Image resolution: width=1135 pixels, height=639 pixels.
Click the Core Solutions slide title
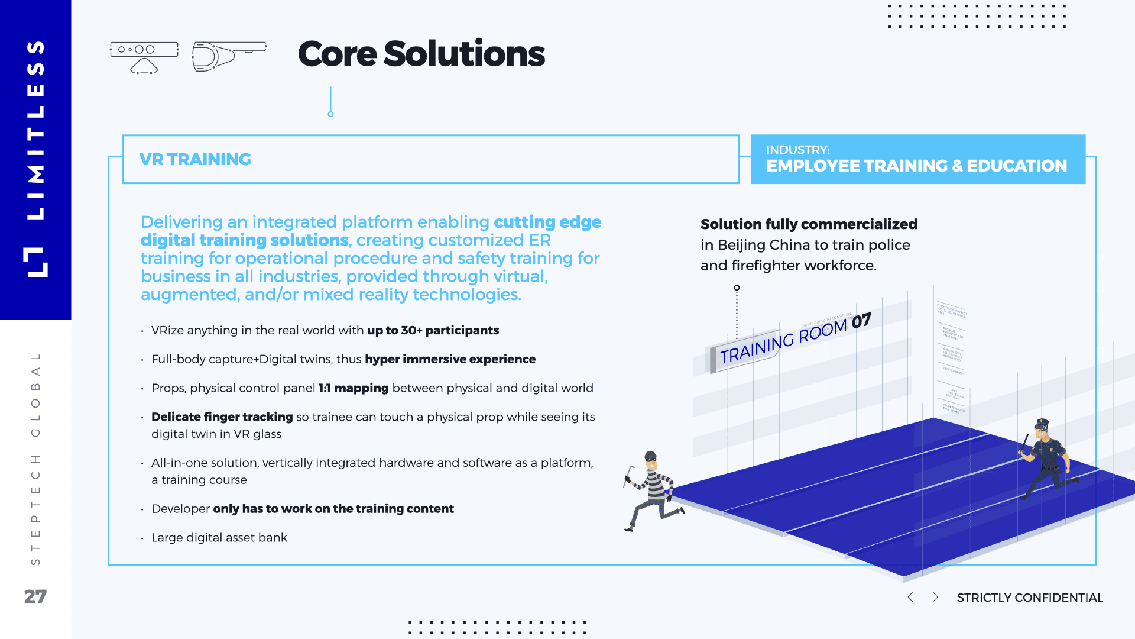pos(421,54)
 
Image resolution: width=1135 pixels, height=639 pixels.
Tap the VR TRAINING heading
pos(195,159)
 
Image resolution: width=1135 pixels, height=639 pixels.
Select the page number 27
pos(35,596)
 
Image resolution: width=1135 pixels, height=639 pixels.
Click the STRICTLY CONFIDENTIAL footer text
pos(1030,598)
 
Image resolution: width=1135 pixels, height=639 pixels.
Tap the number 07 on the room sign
pos(861,321)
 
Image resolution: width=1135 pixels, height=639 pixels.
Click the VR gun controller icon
pos(228,56)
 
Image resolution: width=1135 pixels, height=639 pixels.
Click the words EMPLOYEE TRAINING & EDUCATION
pos(916,166)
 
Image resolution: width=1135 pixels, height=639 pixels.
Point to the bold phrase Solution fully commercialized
pos(809,224)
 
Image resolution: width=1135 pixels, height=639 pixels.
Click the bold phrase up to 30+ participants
pos(433,330)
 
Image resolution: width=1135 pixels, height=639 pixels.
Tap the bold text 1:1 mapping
pos(354,388)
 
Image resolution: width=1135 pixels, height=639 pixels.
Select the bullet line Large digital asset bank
pos(219,538)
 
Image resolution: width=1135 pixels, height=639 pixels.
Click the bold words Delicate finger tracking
pos(222,417)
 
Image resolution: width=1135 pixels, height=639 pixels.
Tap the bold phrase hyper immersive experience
pos(450,359)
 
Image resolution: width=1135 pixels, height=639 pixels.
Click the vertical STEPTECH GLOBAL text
pos(35,459)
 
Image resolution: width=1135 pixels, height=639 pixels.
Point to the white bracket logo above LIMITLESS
pos(35,262)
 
